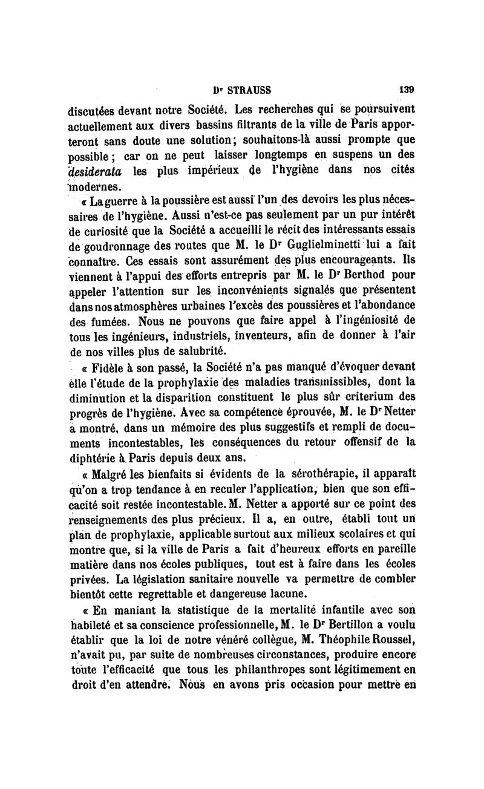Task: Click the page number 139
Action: [407, 88]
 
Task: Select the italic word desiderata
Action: [99, 171]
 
